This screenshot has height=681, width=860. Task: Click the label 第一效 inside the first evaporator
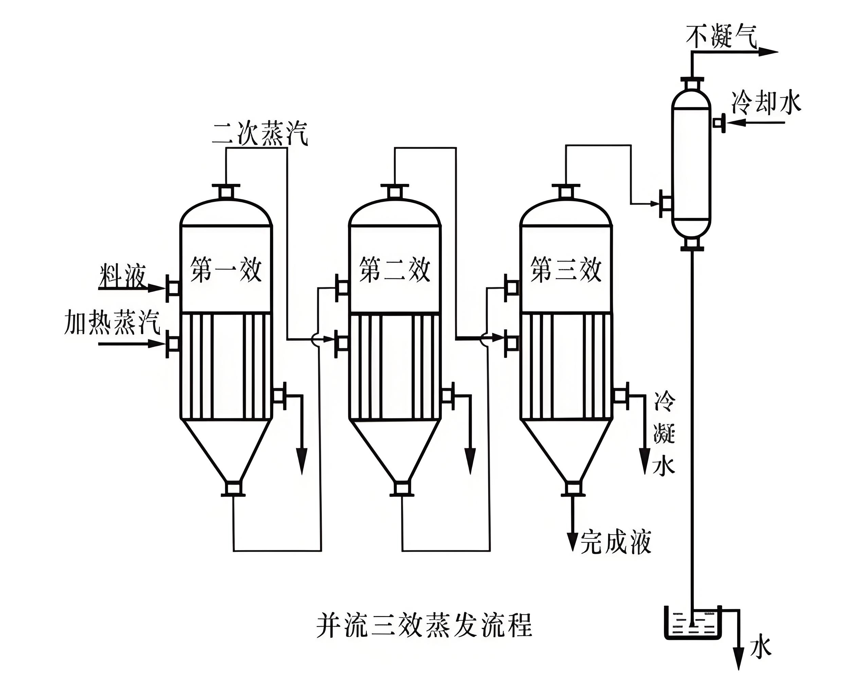click(226, 270)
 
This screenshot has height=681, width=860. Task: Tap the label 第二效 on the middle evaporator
click(394, 270)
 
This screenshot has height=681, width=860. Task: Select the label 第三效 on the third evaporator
click(566, 270)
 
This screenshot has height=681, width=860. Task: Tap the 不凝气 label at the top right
click(721, 37)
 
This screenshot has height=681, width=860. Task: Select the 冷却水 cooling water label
click(765, 103)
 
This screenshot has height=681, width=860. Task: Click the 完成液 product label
click(616, 542)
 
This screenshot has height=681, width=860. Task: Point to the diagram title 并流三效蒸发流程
click(424, 625)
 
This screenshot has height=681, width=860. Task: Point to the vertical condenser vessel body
click(691, 163)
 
